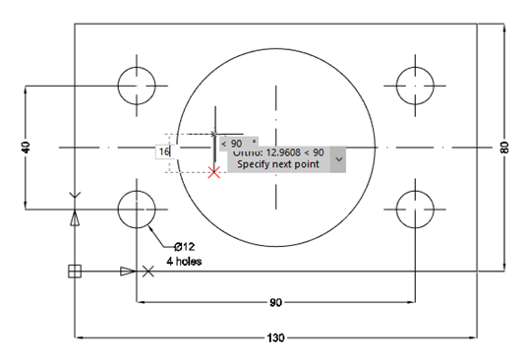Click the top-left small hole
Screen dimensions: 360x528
[138, 85]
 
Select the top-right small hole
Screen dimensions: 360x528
[414, 85]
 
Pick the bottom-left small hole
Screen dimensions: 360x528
[138, 209]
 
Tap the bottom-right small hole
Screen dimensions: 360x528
[414, 209]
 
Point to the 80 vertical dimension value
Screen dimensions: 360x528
[504, 148]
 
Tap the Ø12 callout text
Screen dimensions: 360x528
[186, 246]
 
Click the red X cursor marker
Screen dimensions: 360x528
[214, 172]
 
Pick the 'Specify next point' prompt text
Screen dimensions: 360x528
[278, 164]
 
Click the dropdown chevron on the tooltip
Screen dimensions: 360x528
[339, 157]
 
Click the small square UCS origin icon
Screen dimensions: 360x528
[74, 271]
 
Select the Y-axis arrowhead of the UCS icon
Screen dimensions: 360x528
[74, 219]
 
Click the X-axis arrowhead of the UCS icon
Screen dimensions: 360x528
[126, 271]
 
